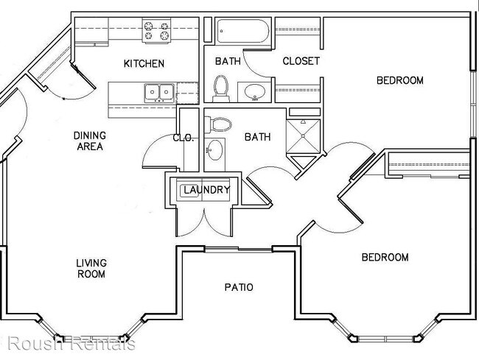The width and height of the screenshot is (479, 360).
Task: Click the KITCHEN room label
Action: (144, 63)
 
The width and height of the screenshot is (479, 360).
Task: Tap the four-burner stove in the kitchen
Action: (156, 30)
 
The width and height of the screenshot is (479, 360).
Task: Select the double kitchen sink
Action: (159, 93)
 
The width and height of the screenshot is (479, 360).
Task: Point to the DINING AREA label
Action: (90, 141)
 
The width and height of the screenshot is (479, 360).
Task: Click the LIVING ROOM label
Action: (91, 269)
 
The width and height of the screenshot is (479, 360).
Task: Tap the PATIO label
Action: (239, 287)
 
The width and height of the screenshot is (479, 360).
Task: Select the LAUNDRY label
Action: (206, 190)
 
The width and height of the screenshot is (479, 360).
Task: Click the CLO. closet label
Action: (183, 138)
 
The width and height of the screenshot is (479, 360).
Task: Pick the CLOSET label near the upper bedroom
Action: (301, 61)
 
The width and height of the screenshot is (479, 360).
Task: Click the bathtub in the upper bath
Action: (243, 30)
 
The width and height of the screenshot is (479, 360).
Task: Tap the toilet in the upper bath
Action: (222, 88)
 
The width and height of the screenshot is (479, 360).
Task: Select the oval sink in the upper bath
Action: (255, 92)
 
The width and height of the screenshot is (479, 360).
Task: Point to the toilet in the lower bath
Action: (218, 124)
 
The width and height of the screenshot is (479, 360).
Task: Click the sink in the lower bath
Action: (214, 149)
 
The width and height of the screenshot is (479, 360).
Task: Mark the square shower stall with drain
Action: (303, 135)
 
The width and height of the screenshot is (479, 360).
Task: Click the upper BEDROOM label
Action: (400, 80)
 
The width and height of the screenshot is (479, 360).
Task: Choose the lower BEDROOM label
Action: (385, 257)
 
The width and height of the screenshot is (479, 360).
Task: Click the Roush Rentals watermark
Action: (71, 343)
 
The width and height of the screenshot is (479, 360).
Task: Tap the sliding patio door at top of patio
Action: (238, 250)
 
